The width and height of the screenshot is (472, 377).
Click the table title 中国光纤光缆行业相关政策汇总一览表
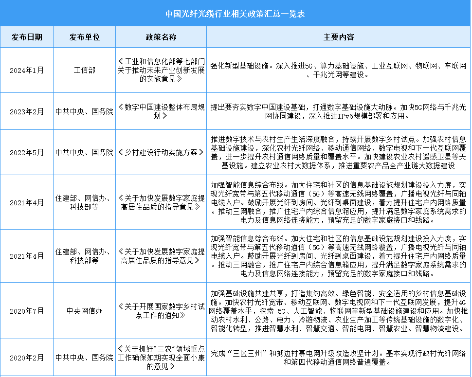point(236,13)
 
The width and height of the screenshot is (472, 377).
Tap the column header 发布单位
point(84,37)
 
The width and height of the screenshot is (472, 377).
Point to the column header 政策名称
point(161,37)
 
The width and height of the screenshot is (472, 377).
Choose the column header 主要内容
point(339,37)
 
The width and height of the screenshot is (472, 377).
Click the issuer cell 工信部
point(84,70)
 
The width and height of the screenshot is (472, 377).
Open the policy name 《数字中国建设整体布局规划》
point(161,112)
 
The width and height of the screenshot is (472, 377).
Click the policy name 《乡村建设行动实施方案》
point(161,152)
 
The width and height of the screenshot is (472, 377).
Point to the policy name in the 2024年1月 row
point(161,70)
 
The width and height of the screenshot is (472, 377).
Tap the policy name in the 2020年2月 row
point(161,358)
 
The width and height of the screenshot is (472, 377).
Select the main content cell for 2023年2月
point(339,112)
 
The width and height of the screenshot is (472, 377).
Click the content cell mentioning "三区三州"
point(339,358)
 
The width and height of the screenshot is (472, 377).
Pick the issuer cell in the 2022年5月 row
point(84,152)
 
